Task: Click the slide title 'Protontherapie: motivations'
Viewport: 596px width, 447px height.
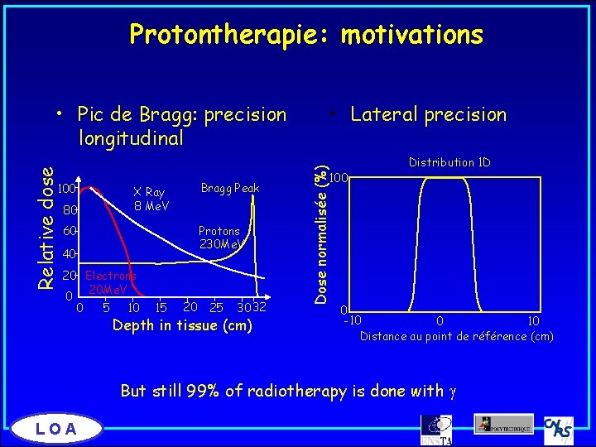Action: tap(306, 35)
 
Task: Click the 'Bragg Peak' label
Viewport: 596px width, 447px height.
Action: tap(230, 189)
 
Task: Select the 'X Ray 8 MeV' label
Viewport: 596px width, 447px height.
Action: tap(151, 199)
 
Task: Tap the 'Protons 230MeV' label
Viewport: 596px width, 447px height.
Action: tap(219, 238)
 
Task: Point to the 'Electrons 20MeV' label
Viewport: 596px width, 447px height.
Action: tap(110, 282)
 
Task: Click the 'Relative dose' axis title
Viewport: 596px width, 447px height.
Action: tap(49, 228)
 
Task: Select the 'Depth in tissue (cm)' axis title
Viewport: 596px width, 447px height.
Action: tap(182, 325)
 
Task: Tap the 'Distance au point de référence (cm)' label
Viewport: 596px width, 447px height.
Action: tap(456, 336)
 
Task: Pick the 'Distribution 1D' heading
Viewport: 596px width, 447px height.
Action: tap(449, 163)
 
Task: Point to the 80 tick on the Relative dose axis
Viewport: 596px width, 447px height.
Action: tap(73, 210)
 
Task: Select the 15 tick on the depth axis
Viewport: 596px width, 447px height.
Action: tap(163, 309)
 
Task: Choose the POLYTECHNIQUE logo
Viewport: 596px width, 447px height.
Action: tap(503, 424)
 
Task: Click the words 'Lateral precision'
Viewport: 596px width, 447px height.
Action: tap(428, 115)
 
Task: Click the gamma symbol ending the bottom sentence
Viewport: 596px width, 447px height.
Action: tap(454, 392)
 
